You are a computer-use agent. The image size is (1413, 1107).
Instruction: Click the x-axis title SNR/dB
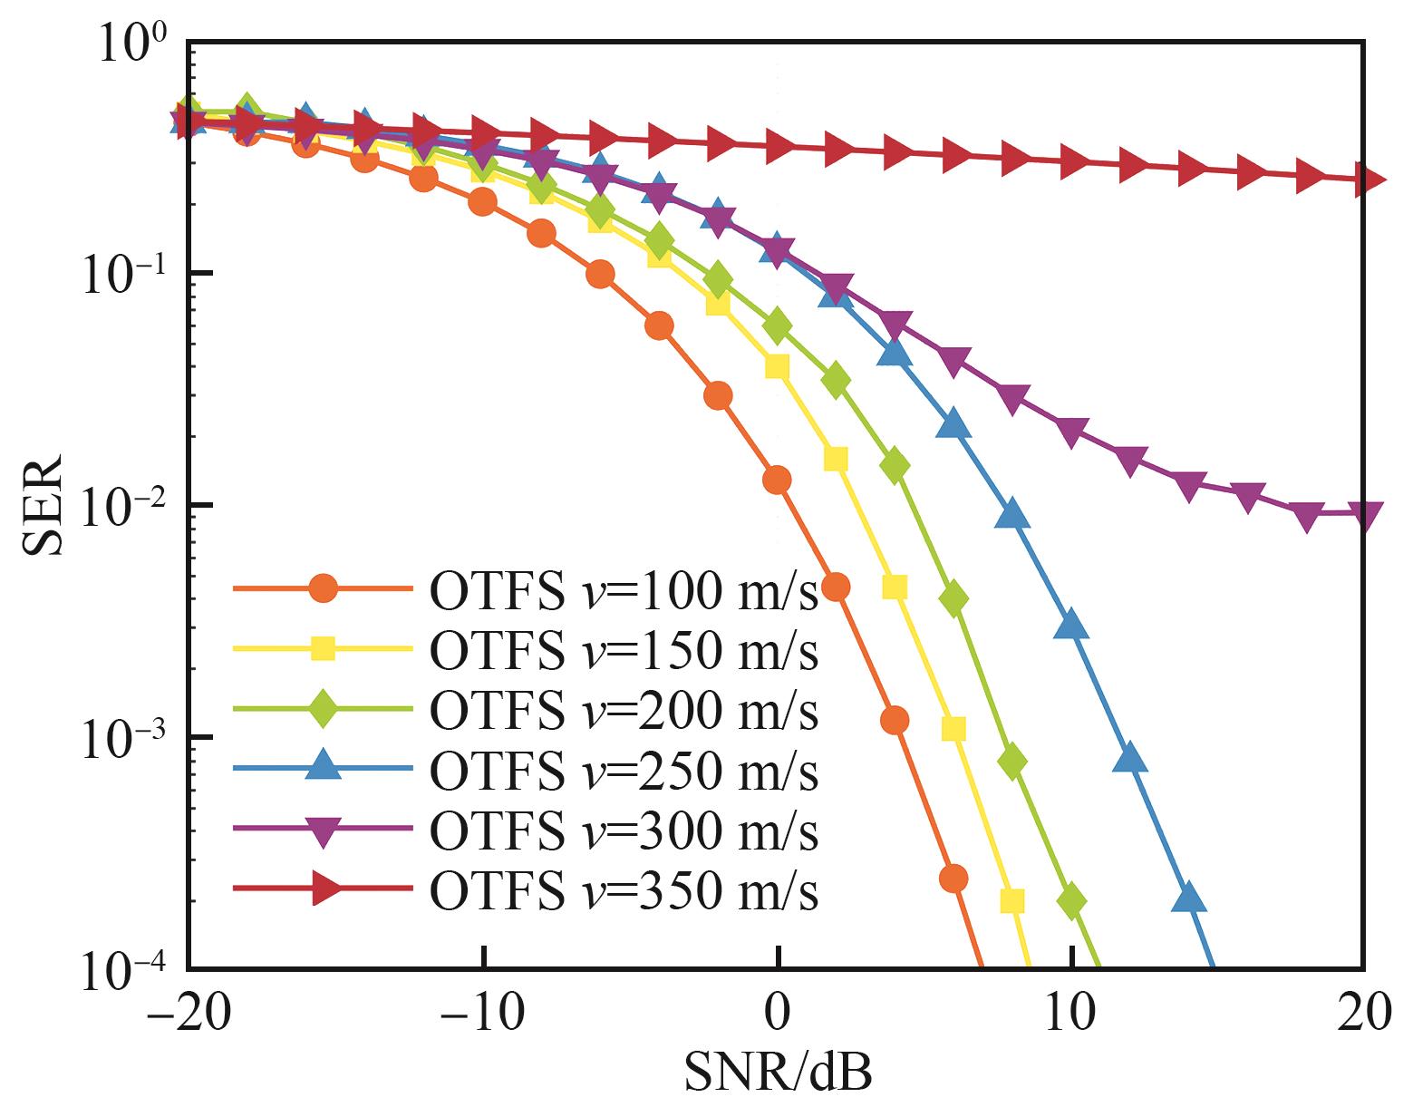click(778, 1073)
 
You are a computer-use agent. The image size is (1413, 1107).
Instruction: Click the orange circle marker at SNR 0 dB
click(777, 480)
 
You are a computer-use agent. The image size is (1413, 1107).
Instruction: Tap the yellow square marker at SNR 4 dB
click(895, 587)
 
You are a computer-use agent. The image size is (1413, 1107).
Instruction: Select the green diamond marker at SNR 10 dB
click(1071, 901)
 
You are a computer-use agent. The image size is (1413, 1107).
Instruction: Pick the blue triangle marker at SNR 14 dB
click(1188, 898)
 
